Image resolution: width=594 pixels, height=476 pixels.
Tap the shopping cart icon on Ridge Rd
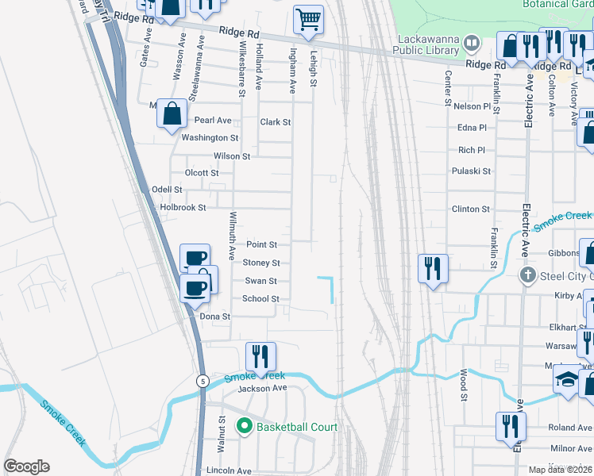click(x=308, y=19)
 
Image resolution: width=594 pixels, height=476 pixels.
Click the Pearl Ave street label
click(x=213, y=121)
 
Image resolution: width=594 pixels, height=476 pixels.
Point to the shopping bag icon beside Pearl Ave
click(x=172, y=113)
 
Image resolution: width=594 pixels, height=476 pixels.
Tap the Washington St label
click(x=210, y=138)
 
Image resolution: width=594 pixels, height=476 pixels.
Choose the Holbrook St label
click(x=183, y=208)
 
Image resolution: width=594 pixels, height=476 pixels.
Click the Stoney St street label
click(x=261, y=263)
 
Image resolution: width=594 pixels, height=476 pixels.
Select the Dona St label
click(x=214, y=316)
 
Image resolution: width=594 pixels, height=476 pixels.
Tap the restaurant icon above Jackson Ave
click(x=260, y=356)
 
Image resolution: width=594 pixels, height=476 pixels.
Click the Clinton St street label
click(x=471, y=209)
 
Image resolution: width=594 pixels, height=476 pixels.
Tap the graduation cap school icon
click(x=567, y=380)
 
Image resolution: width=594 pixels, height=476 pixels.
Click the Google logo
click(x=26, y=466)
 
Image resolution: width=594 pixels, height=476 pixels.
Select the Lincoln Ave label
click(x=229, y=470)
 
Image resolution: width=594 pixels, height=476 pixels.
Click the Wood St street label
click(x=464, y=385)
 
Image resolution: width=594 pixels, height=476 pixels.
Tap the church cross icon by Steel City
click(x=526, y=275)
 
